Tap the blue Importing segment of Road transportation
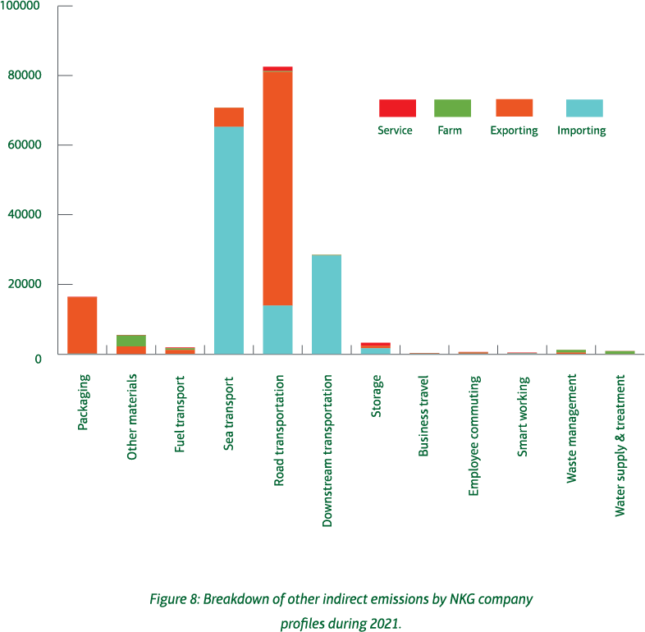coord(277,329)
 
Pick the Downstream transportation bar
coord(327,305)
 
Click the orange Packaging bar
coord(82,325)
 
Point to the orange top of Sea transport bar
coord(229,117)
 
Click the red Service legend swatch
coord(397,108)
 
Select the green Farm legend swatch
coord(451,108)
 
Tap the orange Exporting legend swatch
coord(514,108)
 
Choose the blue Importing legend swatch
coord(584,108)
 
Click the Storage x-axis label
coord(377,396)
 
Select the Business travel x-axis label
coord(424,415)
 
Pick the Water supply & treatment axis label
coord(620,445)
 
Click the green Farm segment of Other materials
coord(131,340)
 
